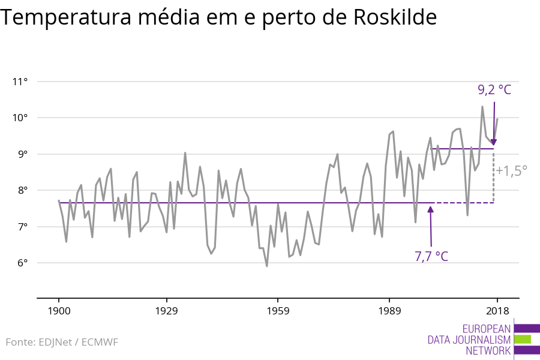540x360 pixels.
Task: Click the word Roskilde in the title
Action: [395, 18]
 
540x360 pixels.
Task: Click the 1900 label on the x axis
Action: [59, 311]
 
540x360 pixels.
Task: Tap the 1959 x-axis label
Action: [278, 311]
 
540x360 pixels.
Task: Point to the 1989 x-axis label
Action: [389, 311]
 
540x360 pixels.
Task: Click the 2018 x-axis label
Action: [497, 311]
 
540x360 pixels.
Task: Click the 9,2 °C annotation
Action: [494, 90]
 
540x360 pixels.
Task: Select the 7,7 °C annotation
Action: [431, 256]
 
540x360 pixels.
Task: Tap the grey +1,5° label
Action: [511, 170]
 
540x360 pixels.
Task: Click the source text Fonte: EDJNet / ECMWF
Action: [62, 342]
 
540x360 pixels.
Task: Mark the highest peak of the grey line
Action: [482, 107]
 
